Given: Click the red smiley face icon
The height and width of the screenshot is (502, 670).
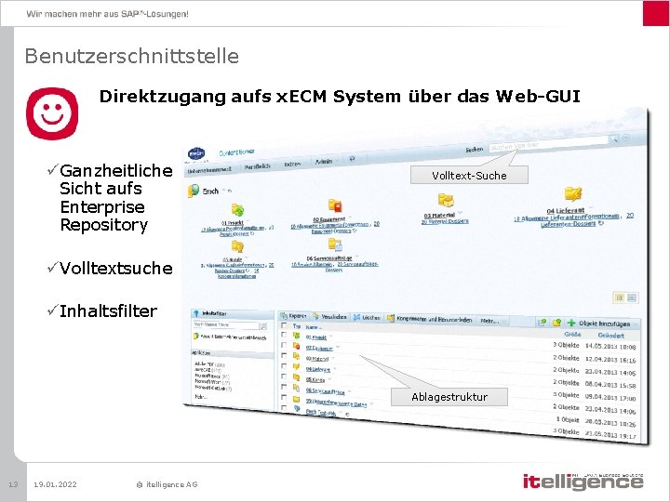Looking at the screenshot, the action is pyautogui.click(x=52, y=114).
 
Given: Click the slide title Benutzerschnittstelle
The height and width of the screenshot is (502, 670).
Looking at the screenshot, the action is pyautogui.click(x=131, y=57).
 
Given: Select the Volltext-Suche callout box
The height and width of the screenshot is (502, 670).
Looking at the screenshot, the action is pyautogui.click(x=469, y=175).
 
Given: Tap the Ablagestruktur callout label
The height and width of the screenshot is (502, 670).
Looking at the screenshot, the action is pyautogui.click(x=449, y=397).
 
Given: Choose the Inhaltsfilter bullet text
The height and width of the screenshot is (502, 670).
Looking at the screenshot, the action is pyautogui.click(x=108, y=310).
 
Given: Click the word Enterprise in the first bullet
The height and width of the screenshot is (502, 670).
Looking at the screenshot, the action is pyautogui.click(x=101, y=206).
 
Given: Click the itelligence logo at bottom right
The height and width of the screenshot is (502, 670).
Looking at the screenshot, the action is pyautogui.click(x=583, y=482).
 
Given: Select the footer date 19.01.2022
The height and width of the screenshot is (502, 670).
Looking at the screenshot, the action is pyautogui.click(x=55, y=484).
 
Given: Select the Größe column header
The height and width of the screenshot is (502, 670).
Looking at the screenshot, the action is pyautogui.click(x=572, y=334).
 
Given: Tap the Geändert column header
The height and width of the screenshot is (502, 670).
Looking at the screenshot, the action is pyautogui.click(x=610, y=335).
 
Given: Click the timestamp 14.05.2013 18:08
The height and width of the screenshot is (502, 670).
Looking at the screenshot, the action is pyautogui.click(x=610, y=345).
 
